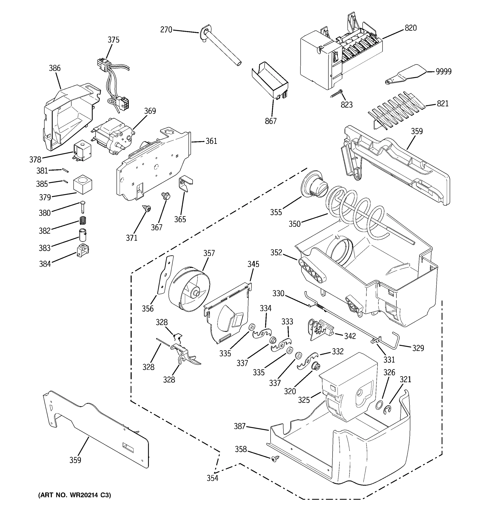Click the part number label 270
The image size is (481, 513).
[166, 30]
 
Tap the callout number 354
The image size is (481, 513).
[212, 478]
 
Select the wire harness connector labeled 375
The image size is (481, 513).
[114, 77]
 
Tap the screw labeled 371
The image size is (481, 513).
[147, 208]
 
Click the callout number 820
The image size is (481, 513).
[410, 28]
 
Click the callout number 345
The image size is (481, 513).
[253, 264]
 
